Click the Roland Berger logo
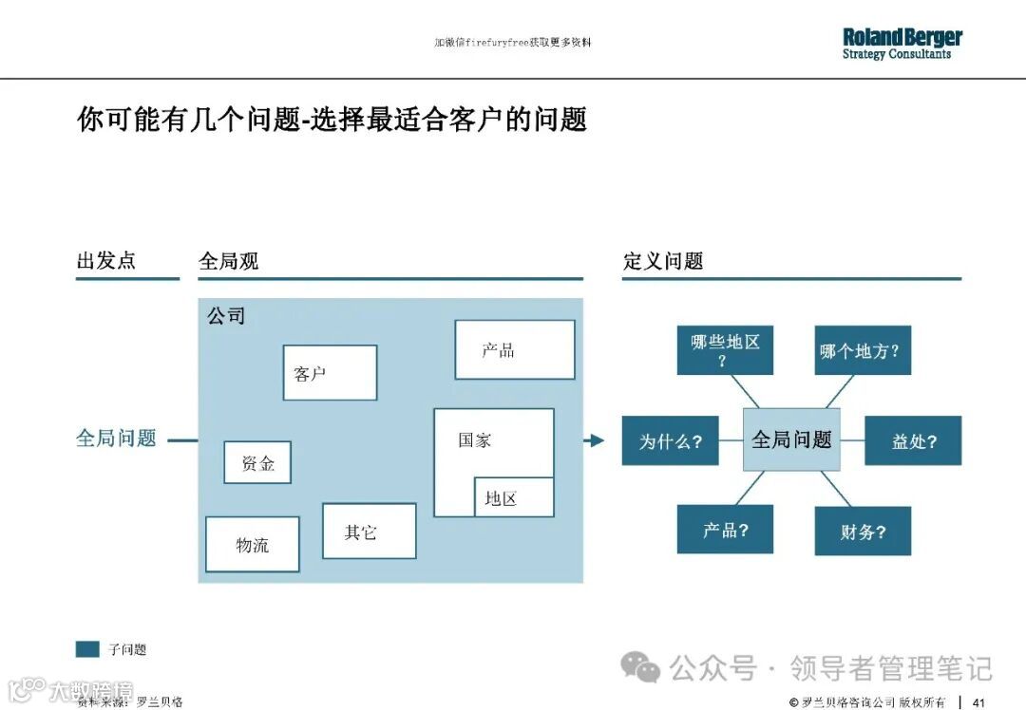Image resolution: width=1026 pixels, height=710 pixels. tap(902, 44)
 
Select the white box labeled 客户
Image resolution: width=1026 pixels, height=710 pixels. tap(330, 372)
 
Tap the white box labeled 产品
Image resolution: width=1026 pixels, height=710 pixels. tap(514, 349)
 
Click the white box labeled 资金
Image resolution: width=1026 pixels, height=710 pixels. tap(257, 462)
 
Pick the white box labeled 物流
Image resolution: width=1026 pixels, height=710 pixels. tap(253, 544)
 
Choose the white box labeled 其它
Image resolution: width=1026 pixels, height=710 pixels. tap(369, 531)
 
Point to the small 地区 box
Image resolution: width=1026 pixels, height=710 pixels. tap(513, 497)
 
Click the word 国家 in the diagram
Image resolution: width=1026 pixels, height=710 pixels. tap(475, 440)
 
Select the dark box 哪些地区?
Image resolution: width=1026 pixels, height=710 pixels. tap(725, 350)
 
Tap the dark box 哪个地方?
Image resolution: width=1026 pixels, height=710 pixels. tap(859, 350)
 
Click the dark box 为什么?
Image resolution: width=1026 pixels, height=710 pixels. tap(670, 440)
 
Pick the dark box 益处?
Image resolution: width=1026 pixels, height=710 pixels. tap(913, 440)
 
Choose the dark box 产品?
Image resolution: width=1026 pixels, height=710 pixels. tap(725, 530)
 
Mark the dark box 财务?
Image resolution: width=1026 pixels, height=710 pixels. tap(863, 532)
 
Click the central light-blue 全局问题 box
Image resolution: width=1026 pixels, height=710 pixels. tap(791, 439)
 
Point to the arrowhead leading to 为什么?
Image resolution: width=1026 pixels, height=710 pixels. tap(597, 440)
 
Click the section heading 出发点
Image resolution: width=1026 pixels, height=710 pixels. tap(106, 260)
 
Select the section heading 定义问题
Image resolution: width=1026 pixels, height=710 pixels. tap(663, 261)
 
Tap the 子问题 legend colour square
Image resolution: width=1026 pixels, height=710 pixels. tap(87, 649)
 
